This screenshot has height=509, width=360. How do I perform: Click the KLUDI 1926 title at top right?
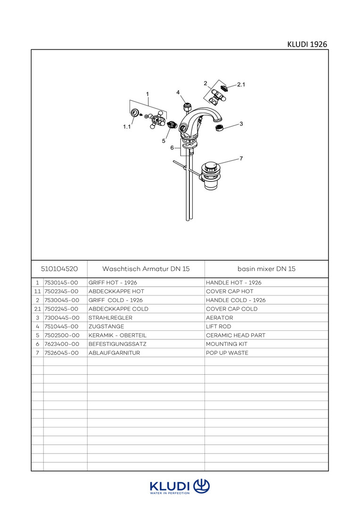coord(307,44)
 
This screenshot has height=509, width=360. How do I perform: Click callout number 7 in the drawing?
coord(241,158)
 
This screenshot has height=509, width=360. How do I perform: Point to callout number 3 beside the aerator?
coord(241,124)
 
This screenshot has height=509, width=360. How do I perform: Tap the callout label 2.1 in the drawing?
coord(241,85)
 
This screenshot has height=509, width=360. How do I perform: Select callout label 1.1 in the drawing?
coord(127,127)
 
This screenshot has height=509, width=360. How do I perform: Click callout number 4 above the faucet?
coord(178,92)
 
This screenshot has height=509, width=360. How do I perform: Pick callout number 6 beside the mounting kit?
coord(172,148)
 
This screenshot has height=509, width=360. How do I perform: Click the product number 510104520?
coord(59,269)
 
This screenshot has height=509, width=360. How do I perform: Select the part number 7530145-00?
coord(61,283)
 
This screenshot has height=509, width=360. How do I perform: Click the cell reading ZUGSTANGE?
coord(106,326)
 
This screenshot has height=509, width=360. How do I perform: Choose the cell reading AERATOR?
coord(220,318)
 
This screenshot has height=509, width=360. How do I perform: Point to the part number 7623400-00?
coord(61,344)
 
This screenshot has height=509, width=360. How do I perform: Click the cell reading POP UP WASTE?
coord(227,353)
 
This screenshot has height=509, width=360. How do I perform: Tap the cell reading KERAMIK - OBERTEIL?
coord(117,335)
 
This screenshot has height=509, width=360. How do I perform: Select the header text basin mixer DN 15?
coord(266,269)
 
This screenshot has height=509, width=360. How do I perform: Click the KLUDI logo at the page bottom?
coord(180,486)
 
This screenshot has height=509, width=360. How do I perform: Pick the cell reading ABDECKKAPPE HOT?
coord(116,291)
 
